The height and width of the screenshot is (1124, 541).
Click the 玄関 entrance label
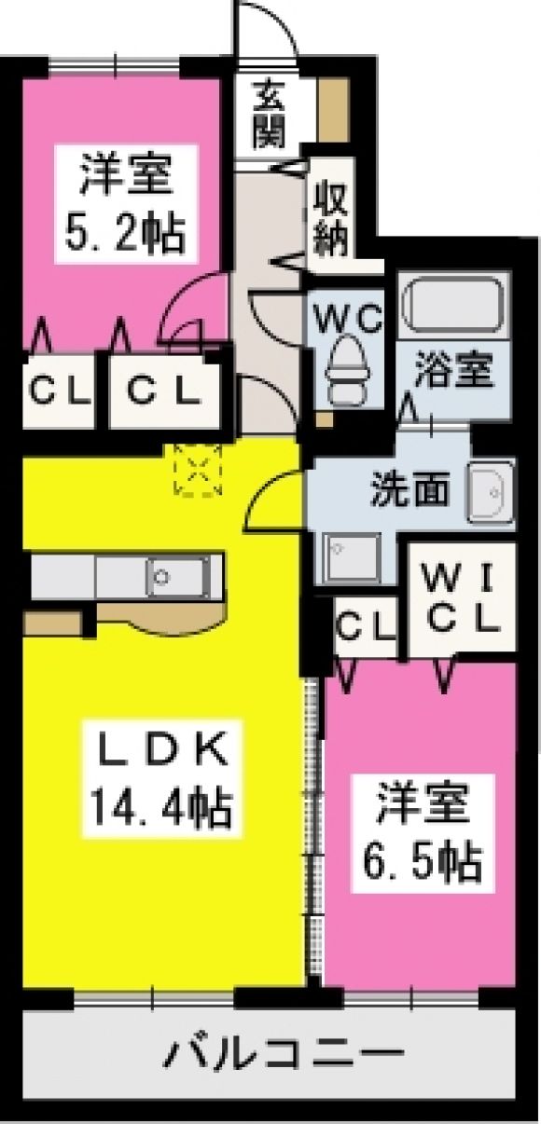(x=269, y=115)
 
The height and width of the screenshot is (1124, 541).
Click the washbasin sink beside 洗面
(x=490, y=492)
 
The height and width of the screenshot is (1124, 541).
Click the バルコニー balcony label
(x=284, y=1050)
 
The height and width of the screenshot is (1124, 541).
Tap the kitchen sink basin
(x=178, y=577)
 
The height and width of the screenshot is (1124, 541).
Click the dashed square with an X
(x=198, y=470)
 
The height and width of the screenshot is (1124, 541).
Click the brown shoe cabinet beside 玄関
(x=334, y=110)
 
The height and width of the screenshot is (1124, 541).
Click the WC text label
(x=348, y=319)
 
